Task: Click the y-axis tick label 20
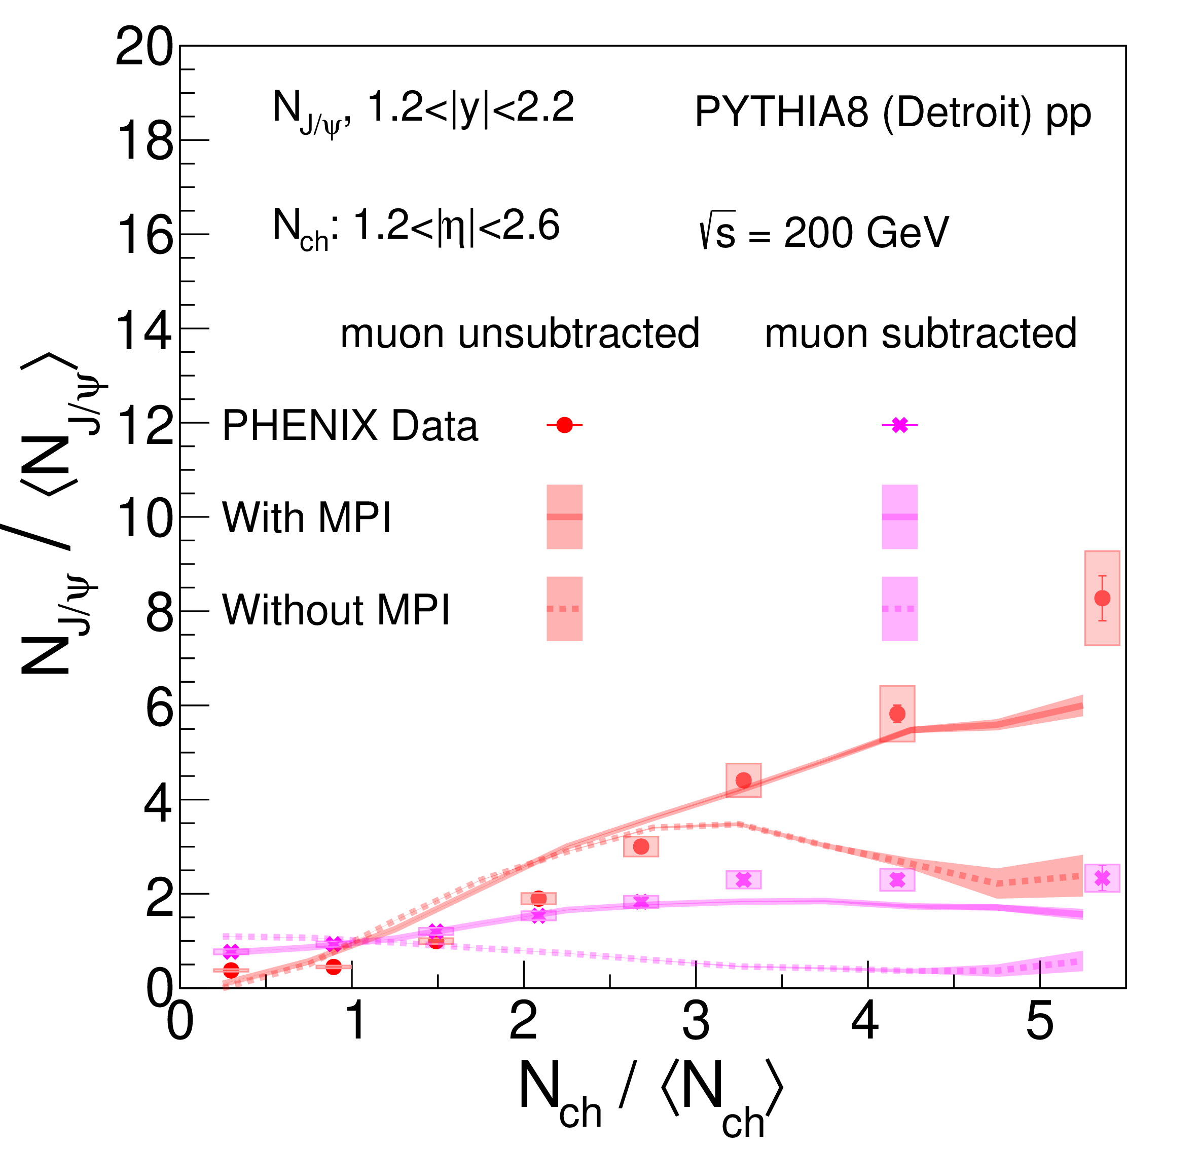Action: click(143, 48)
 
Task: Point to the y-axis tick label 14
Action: click(143, 332)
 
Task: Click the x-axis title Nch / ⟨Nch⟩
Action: click(651, 1097)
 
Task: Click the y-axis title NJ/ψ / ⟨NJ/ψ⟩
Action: click(58, 513)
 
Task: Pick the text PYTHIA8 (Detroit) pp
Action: click(892, 114)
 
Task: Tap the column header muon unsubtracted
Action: click(520, 335)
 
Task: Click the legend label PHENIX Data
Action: click(350, 425)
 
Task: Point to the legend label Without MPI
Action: click(336, 610)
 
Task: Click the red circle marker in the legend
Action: click(564, 425)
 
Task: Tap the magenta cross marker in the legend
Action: click(900, 425)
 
